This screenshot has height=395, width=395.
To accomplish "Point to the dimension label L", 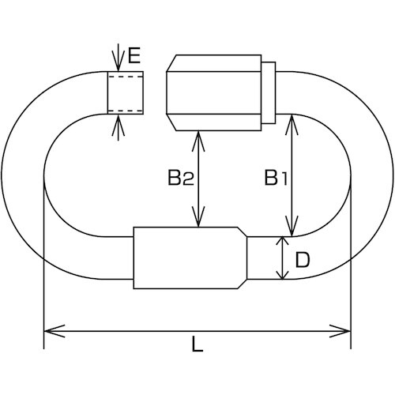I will (x=197, y=345).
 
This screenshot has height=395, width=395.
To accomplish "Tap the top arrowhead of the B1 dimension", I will (x=293, y=119).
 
